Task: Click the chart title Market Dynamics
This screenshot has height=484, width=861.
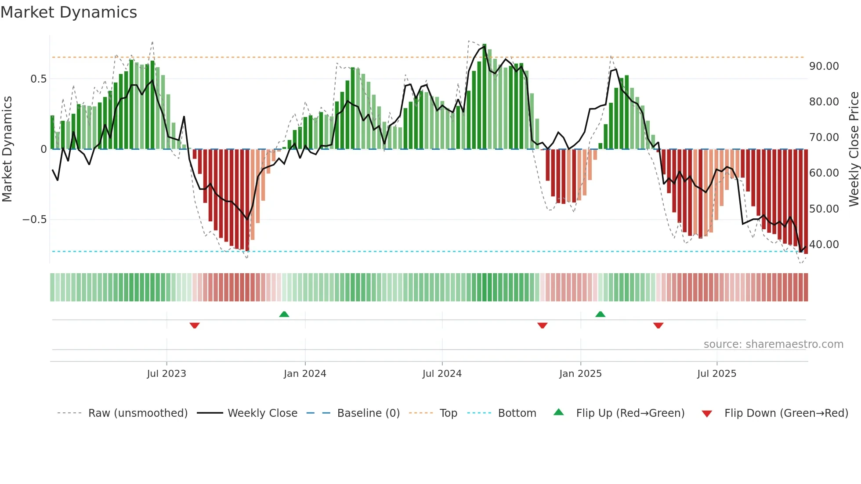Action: (x=69, y=12)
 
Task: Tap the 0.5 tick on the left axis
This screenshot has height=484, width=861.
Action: (x=38, y=79)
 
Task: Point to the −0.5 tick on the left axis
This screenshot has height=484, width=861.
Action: (x=35, y=220)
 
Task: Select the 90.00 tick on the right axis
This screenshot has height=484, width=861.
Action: (x=824, y=66)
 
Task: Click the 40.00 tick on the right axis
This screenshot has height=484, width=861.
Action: (x=824, y=245)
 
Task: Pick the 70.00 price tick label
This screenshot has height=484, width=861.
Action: (x=824, y=137)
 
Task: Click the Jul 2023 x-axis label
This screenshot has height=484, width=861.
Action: (x=166, y=374)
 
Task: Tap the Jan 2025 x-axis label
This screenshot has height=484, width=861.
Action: (x=580, y=374)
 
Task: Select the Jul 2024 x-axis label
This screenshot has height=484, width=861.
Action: (x=442, y=374)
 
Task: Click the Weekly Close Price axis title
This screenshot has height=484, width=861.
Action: (x=854, y=149)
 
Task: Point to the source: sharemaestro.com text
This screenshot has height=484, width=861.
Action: (x=773, y=344)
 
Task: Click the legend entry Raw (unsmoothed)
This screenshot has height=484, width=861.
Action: (x=137, y=413)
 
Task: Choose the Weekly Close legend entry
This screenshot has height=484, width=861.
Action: (x=262, y=413)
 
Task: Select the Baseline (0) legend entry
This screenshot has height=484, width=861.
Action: (x=368, y=413)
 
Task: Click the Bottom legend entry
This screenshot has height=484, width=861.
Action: (x=517, y=413)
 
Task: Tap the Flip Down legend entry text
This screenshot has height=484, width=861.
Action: (x=786, y=413)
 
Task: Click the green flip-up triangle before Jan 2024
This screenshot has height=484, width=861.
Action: (x=284, y=314)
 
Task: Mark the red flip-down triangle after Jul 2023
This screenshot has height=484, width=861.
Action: (x=195, y=325)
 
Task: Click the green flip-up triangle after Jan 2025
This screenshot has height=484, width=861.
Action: (x=600, y=314)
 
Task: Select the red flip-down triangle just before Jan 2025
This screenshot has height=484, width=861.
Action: (x=542, y=325)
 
